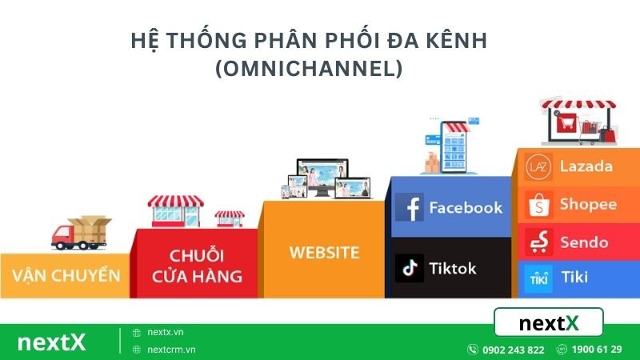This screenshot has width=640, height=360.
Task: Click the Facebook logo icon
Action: tap(410, 207)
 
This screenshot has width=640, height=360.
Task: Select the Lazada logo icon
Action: tap(538, 166)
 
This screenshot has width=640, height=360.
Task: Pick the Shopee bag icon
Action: tap(538, 204)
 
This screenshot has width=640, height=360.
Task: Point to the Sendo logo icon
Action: tap(538, 242)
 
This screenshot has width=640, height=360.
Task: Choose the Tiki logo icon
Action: tap(538, 278)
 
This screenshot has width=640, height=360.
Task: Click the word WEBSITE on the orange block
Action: tap(324, 253)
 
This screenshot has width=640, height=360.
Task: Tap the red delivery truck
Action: tap(80, 231)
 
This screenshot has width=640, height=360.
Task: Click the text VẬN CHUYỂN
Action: tap(66, 276)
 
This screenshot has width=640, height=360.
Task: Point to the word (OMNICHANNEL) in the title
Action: tap(308, 69)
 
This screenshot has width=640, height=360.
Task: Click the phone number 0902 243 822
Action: tap(513, 350)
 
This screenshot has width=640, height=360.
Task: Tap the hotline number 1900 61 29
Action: tap(595, 350)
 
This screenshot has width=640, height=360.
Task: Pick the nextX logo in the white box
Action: tap(549, 323)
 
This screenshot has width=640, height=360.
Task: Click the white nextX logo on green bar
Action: tap(51, 342)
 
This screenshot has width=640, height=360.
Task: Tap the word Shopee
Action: tap(588, 204)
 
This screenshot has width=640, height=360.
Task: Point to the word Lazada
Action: tap(586, 166)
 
